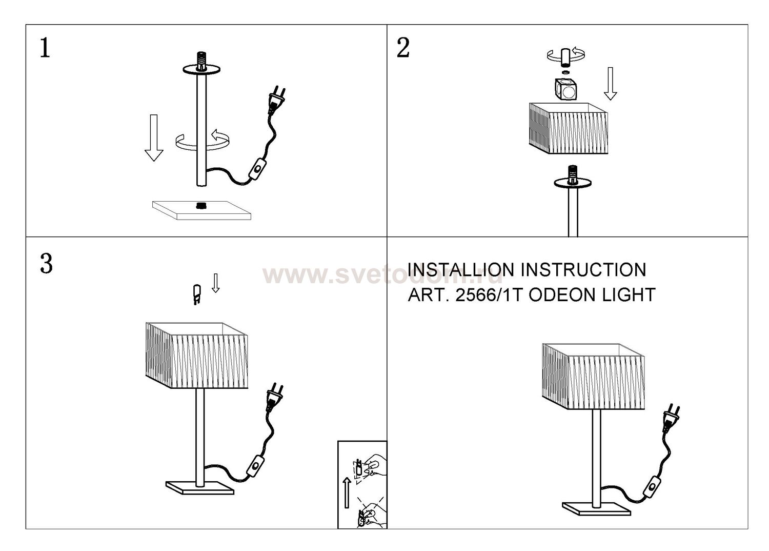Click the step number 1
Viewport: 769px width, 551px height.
coord(45,48)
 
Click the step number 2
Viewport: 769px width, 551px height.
coord(403,48)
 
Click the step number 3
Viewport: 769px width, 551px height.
coord(46,264)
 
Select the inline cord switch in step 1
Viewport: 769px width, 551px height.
coord(257,169)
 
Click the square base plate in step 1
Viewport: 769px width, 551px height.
coord(201,210)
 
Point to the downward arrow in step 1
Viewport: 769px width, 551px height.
coord(154,137)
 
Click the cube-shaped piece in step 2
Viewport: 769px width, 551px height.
coord(565,89)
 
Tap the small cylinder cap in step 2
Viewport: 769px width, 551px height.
coord(566,57)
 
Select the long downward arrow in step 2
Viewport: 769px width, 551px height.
coord(611,84)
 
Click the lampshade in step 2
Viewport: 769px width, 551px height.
coord(569,128)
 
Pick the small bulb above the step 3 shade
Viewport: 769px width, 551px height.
coord(196,294)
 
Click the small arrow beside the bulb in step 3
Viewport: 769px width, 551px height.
coord(216,283)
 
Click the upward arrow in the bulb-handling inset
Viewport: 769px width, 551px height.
coord(347,493)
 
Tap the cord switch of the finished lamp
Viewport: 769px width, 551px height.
coord(651,486)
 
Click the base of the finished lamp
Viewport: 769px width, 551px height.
coord(596,508)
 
